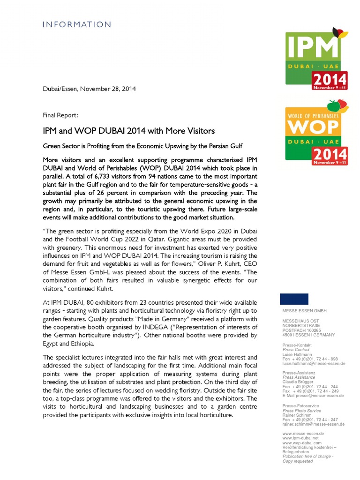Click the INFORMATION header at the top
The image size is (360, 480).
coord(77,24)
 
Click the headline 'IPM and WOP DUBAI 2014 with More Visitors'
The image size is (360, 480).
coord(129,130)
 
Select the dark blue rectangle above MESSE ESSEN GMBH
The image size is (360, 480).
coord(294,299)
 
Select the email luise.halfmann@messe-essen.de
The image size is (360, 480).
coord(314,363)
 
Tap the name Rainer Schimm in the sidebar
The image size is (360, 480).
coord(296,415)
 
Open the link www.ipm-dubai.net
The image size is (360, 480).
coord(300,438)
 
